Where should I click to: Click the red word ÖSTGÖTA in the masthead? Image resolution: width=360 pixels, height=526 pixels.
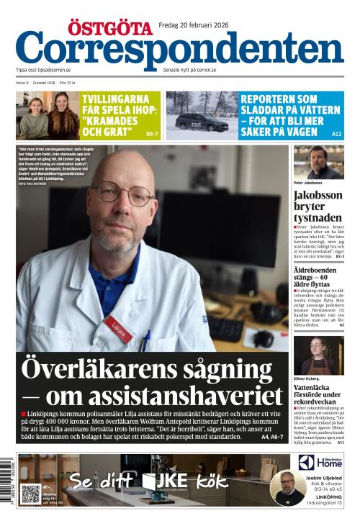(110, 28)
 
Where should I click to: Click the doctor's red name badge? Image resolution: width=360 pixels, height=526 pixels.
(118, 328)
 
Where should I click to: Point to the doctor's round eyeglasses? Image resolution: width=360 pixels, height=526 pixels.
(123, 194)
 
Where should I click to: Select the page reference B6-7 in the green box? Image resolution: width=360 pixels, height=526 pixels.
(152, 134)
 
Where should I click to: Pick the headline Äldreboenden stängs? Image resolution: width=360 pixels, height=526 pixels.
(318, 272)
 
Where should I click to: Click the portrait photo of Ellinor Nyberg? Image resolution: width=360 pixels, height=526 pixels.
(318, 355)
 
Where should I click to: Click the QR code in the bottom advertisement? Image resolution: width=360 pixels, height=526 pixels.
(30, 494)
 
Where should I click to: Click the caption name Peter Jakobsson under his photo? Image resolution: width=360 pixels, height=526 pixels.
(309, 183)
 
